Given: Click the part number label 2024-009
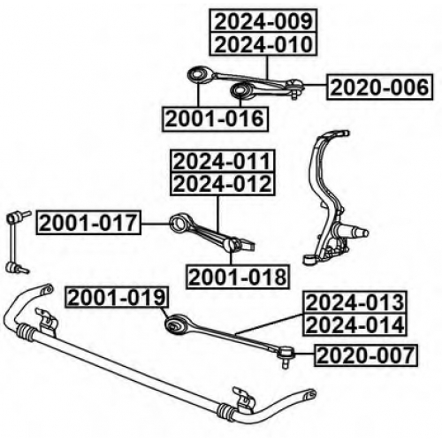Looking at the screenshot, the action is tap(263, 21).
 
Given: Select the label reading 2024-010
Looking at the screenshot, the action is tap(263, 44).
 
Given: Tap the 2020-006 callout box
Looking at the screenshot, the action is tap(379, 88).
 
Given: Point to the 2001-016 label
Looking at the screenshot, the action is tap(215, 118).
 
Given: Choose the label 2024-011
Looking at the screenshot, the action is tap(223, 162).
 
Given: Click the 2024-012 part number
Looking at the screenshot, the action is tap(223, 184).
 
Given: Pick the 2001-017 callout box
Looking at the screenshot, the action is tap(88, 223).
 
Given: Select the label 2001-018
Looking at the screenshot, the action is tap(238, 277).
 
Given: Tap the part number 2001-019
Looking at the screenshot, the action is tap(117, 298).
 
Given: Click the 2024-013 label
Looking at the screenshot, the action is tap(354, 302).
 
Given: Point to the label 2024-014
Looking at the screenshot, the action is tap(354, 324).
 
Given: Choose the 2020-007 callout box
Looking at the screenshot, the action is tap(366, 355).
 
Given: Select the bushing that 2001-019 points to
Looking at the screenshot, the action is tap(174, 324).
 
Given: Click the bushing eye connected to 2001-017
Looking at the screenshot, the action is tap(179, 223).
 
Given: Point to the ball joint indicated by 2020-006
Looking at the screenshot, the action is tap(294, 86).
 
